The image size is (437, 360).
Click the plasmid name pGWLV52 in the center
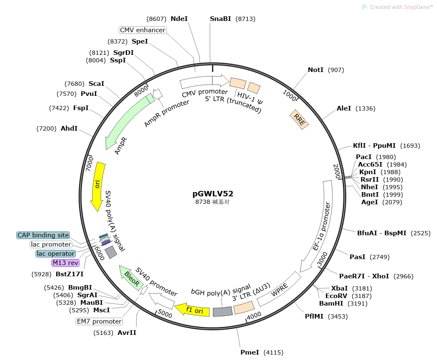[213, 194]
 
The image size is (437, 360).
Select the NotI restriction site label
[315, 70]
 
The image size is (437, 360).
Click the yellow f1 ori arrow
[192, 310]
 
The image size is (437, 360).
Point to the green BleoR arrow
[131, 278]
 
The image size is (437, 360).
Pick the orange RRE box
[299, 119]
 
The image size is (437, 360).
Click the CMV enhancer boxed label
[143, 30]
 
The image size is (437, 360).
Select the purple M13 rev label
[66, 263]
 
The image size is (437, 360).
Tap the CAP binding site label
[43, 235]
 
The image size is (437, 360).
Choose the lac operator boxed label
[56, 254]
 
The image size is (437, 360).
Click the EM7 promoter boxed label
[99, 321]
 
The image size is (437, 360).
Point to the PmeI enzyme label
[250, 352]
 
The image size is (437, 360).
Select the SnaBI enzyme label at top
[220, 19]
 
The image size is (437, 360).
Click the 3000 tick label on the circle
[322, 259]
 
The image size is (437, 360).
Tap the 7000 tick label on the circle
[90, 164]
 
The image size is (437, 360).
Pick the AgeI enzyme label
[370, 202]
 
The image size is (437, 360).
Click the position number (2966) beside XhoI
[404, 276]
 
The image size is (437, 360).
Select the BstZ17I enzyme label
[70, 274]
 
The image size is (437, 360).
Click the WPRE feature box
[279, 289]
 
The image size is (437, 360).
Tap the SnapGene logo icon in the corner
[365, 7]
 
